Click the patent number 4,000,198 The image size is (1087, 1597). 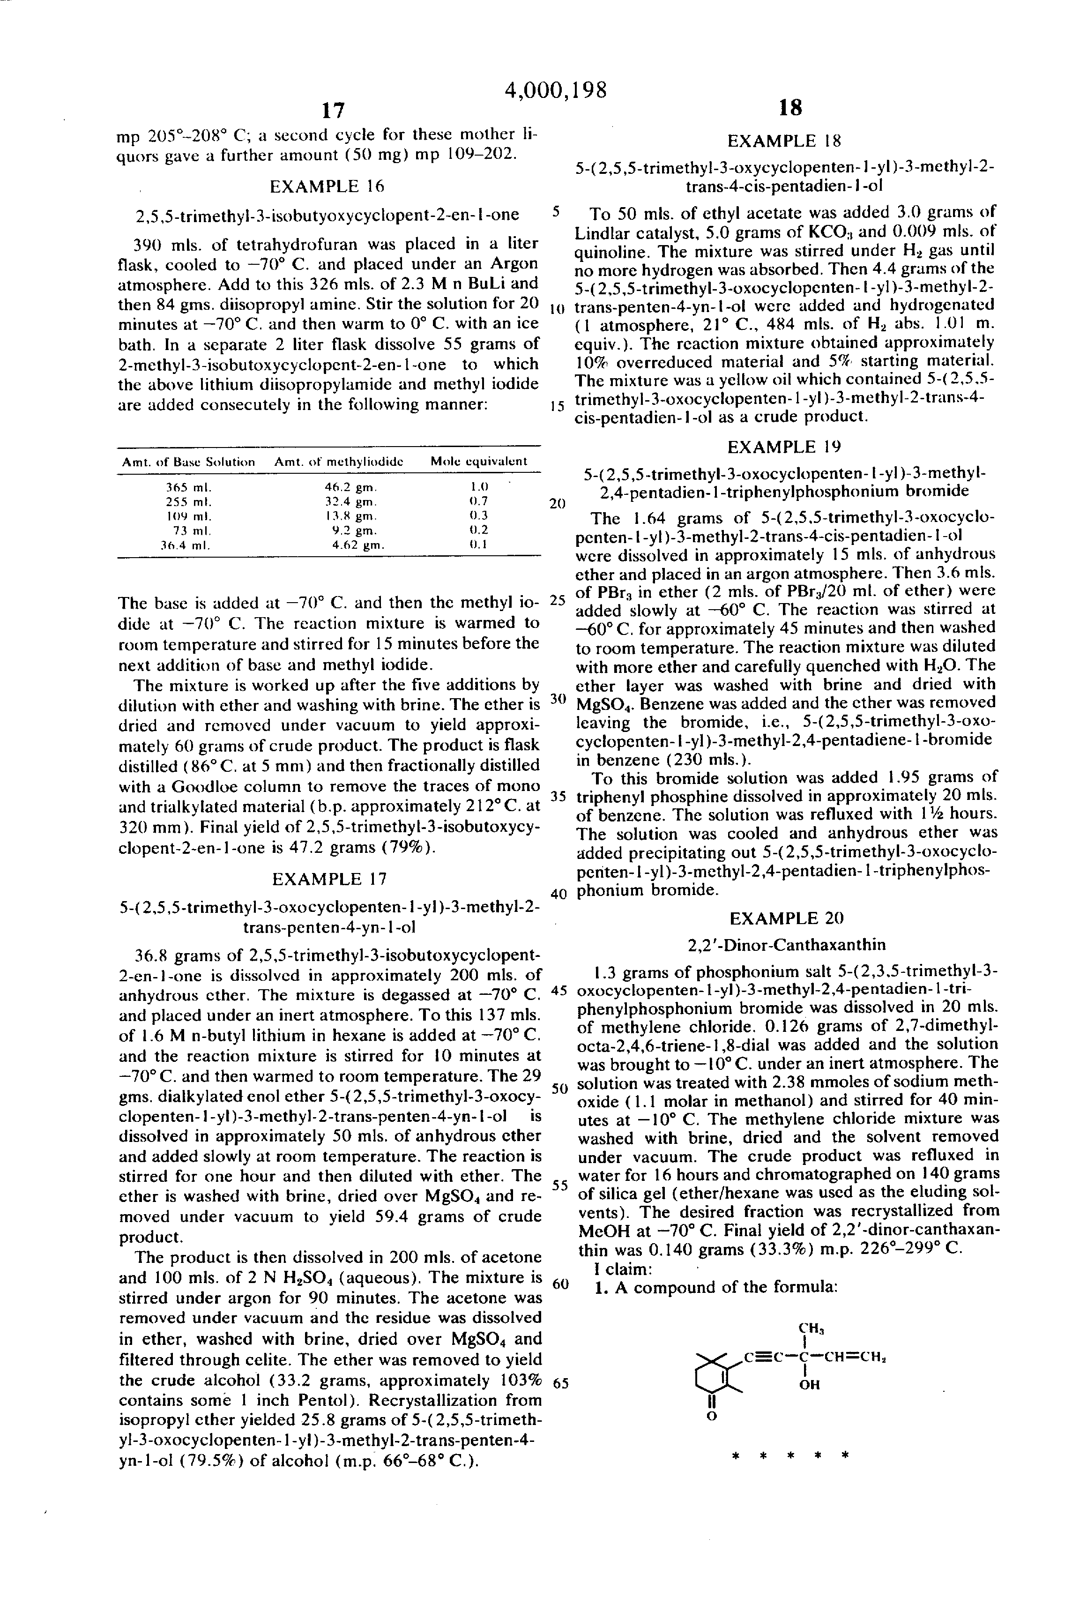pos(555,90)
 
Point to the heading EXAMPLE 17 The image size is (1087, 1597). pos(329,879)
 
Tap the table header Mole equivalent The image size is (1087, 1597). pos(478,462)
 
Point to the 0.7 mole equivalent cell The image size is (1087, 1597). pos(478,501)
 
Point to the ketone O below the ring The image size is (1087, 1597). pos(712,1416)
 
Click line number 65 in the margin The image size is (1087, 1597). pos(560,1383)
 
